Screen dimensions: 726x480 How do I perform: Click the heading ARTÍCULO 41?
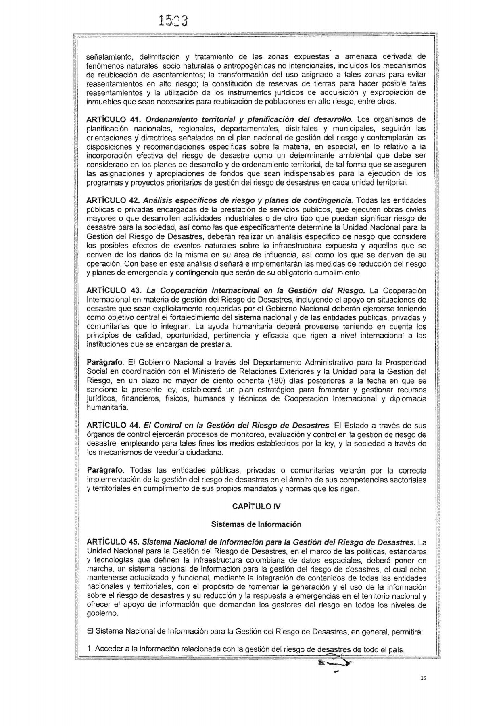click(x=113, y=119)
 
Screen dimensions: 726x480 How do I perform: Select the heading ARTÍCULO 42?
click(x=113, y=200)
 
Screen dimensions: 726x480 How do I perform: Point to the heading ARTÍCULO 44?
click(x=113, y=426)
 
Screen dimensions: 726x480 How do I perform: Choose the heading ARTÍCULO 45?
click(x=113, y=542)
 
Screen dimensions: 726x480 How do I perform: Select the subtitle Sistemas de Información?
click(x=256, y=524)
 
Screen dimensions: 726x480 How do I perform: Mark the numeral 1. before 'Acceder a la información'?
click(x=90, y=649)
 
